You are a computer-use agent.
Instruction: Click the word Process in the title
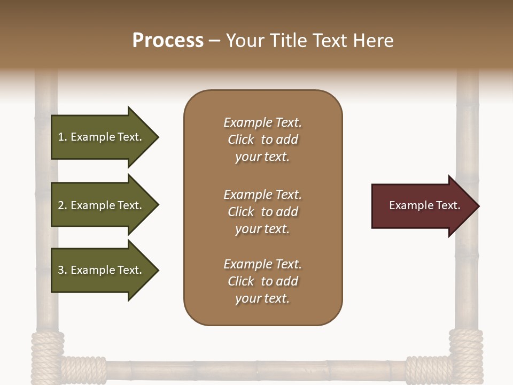pos(168,41)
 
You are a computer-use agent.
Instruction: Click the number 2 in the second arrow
pos(61,205)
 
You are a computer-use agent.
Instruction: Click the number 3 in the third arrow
pos(61,270)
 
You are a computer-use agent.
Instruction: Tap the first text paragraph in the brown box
pos(262,140)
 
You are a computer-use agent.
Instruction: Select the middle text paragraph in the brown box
pos(262,212)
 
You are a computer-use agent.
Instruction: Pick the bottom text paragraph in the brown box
pos(262,281)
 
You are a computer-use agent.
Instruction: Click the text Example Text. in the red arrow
pos(424,205)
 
